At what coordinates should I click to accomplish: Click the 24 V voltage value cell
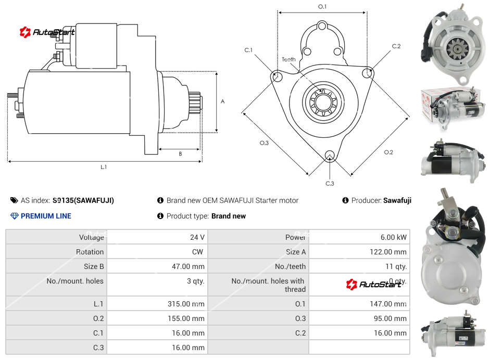197,237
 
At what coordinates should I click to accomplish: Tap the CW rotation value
199,252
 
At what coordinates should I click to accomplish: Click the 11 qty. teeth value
397,266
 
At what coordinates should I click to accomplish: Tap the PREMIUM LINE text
46,216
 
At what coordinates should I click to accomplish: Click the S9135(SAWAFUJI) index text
83,200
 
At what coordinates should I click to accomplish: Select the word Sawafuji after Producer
397,200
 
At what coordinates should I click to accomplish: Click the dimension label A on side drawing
222,101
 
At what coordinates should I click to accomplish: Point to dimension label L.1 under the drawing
104,167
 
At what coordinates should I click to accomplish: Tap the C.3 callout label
330,183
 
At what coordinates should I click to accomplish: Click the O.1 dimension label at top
322,7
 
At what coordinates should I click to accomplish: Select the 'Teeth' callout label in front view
288,59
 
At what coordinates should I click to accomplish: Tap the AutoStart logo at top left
47,32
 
